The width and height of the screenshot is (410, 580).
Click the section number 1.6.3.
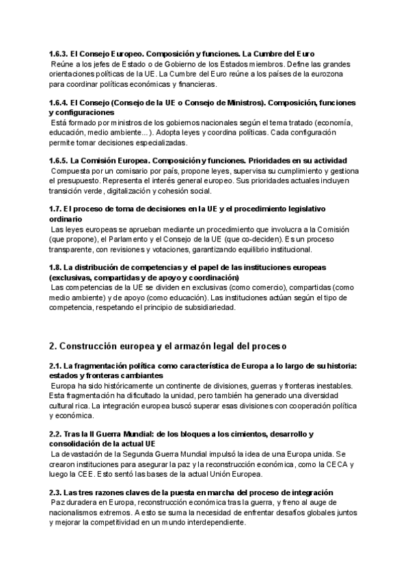[x=58, y=53]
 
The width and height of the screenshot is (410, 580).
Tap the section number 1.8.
[x=55, y=267]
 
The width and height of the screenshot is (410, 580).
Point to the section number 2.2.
[x=55, y=434]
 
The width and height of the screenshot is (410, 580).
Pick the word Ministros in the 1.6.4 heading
[x=245, y=103]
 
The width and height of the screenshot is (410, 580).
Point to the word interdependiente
[x=207, y=523]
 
